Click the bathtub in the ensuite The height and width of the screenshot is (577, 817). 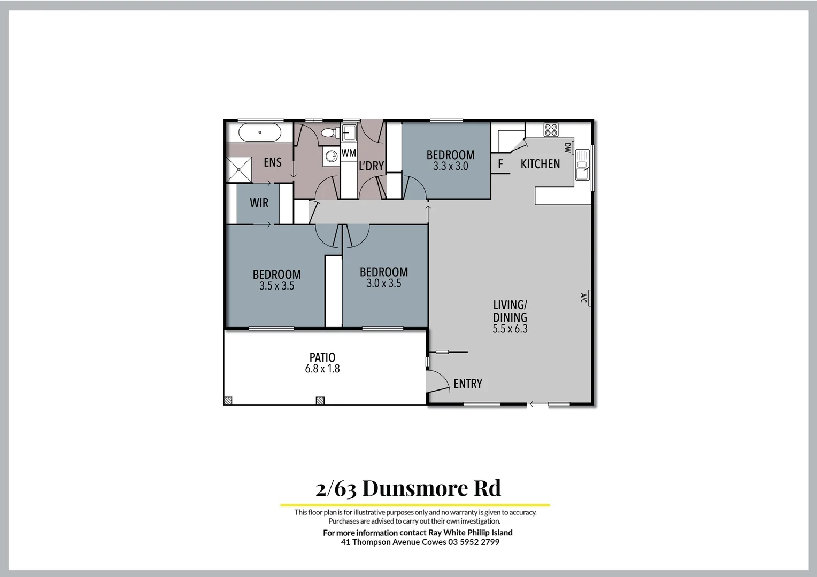point(259,132)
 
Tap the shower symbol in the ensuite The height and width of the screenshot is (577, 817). point(239,169)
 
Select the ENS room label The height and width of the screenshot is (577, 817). point(272,162)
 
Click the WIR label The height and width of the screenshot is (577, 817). point(259,203)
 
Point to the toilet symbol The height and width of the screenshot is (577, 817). point(328,133)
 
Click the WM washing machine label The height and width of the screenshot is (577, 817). point(349,153)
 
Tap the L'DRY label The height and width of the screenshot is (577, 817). point(371,166)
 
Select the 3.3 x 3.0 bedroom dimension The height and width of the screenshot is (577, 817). point(450,167)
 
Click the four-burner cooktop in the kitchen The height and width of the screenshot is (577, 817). point(551,129)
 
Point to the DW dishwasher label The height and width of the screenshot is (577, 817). point(567,147)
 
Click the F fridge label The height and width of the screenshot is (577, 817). point(500,164)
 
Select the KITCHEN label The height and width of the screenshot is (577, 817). point(540,164)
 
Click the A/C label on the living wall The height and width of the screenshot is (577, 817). point(583,298)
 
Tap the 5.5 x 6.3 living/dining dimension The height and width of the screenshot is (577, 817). point(510,329)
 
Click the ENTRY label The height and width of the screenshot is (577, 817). point(467,384)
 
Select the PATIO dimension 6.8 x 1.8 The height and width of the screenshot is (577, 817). point(322,369)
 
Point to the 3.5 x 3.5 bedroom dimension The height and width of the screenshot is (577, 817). point(276,286)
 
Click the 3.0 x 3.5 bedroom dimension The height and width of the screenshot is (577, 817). point(383,284)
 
